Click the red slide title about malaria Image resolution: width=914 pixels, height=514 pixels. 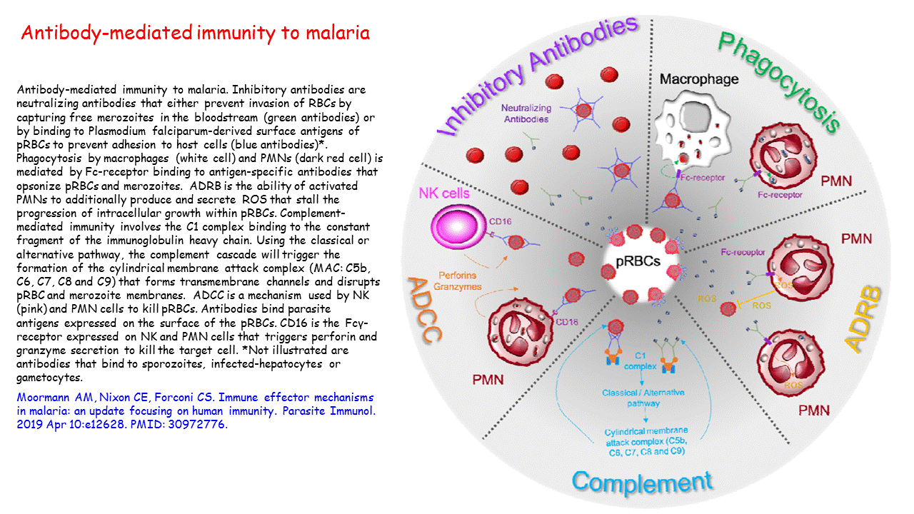click(196, 33)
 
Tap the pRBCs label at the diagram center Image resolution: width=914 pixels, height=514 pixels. click(642, 262)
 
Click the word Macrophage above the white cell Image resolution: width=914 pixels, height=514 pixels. click(698, 79)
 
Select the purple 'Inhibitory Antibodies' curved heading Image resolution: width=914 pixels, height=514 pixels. click(536, 75)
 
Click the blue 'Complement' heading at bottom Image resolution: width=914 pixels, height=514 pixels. click(641, 482)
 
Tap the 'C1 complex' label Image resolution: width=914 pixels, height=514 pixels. click(640, 361)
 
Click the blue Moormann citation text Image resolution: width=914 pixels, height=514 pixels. click(194, 410)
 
